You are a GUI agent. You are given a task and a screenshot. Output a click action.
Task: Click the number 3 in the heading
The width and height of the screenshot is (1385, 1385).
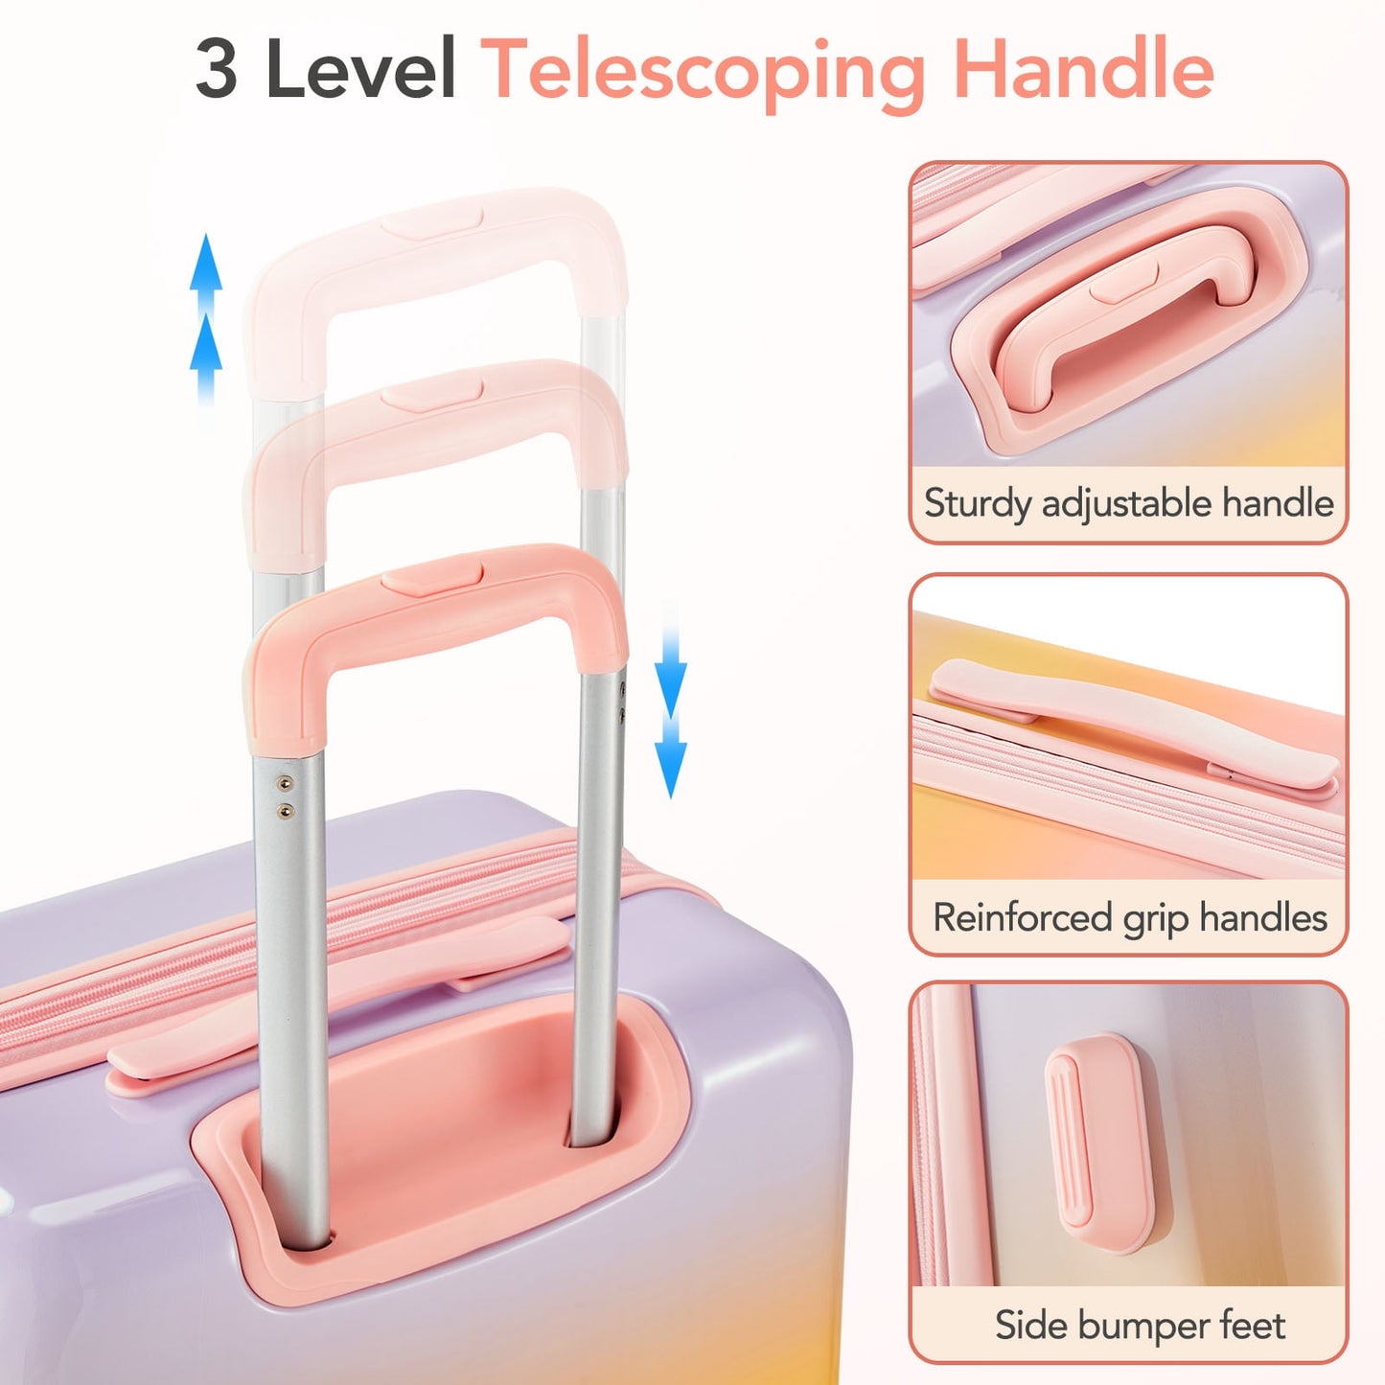tap(217, 69)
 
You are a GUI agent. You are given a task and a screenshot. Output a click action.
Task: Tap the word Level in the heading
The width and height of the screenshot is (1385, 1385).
tap(360, 69)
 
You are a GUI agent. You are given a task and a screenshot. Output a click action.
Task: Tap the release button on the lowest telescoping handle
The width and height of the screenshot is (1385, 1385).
tap(431, 578)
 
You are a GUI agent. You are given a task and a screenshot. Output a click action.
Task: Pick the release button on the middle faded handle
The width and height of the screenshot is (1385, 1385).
tap(431, 396)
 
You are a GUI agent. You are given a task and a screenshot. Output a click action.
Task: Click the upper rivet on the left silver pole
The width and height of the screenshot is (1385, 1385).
tap(286, 783)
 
